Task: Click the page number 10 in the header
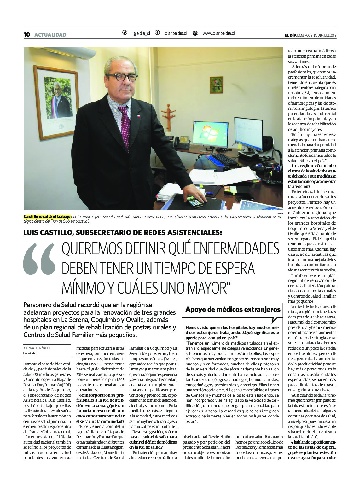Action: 27,35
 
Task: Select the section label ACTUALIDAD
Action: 50,35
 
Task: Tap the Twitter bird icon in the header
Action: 125,33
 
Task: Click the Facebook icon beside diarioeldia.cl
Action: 157,33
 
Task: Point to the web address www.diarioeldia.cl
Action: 218,33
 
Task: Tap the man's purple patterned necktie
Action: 125,126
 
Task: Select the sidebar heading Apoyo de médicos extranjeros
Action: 233,309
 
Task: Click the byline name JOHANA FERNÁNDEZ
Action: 37,348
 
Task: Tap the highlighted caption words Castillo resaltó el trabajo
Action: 47,217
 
